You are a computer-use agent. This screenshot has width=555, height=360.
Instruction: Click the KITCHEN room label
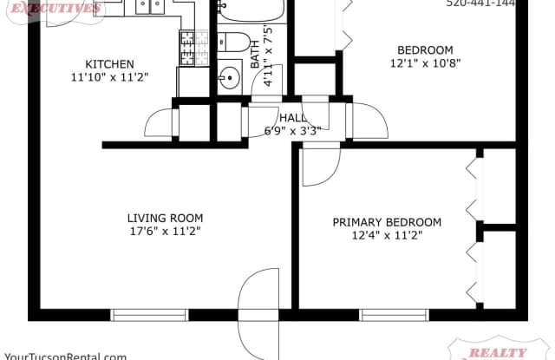pyautogui.click(x=109, y=64)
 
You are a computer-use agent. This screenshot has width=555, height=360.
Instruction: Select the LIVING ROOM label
pyautogui.click(x=165, y=219)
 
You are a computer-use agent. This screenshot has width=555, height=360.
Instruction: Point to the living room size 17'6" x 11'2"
pyautogui.click(x=165, y=232)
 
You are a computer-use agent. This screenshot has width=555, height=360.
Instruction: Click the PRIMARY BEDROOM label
pyautogui.click(x=387, y=223)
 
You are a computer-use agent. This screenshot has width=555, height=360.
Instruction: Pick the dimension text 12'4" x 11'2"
pyautogui.click(x=387, y=237)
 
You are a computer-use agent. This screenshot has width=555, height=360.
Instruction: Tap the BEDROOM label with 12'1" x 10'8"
pyautogui.click(x=425, y=49)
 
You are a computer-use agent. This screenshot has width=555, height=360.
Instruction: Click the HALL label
pyautogui.click(x=293, y=118)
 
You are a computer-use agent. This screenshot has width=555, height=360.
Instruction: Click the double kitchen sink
pyautogui.click(x=149, y=8)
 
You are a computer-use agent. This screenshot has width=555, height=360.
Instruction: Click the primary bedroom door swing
pyautogui.click(x=321, y=165)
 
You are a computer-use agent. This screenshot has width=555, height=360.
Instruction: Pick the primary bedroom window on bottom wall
pyautogui.click(x=386, y=314)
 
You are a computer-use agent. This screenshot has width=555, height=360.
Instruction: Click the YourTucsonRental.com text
pyautogui.click(x=66, y=355)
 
